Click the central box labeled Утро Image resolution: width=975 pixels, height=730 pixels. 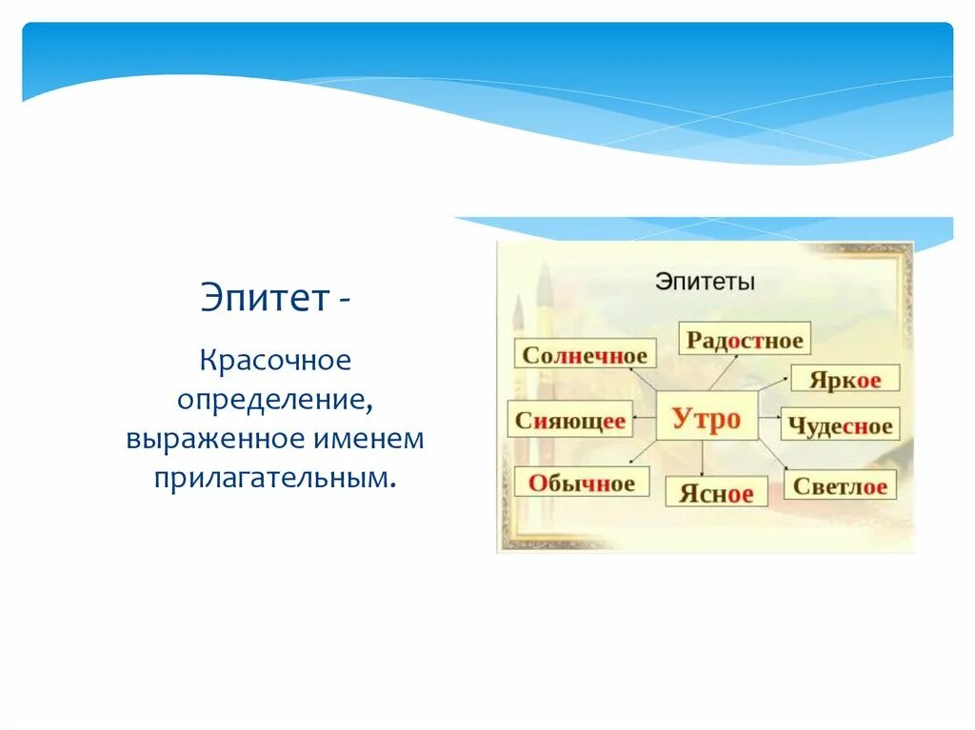[707, 416]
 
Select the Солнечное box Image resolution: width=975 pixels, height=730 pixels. [586, 353]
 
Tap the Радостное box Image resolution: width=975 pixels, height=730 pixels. [745, 338]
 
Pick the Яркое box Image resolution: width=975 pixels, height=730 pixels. [846, 378]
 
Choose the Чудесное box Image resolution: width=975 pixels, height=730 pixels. [840, 424]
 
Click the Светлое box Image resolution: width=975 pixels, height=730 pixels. [840, 484]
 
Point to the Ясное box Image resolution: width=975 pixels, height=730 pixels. [716, 492]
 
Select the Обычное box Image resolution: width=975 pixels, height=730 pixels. [582, 482]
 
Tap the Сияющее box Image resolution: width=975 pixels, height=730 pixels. [570, 419]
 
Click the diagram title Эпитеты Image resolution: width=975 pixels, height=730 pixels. [706, 282]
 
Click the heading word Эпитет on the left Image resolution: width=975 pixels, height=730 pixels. [265, 298]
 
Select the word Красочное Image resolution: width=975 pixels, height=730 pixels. [275, 360]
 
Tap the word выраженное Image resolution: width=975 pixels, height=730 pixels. [216, 439]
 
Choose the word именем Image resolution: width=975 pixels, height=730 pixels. [368, 439]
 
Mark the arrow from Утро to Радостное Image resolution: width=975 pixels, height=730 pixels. [724, 373]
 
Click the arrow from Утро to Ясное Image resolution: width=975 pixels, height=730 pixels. [702, 459]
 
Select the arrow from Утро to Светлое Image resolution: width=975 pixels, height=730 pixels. [773, 455]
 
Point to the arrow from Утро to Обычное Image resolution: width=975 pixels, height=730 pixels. [643, 452]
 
